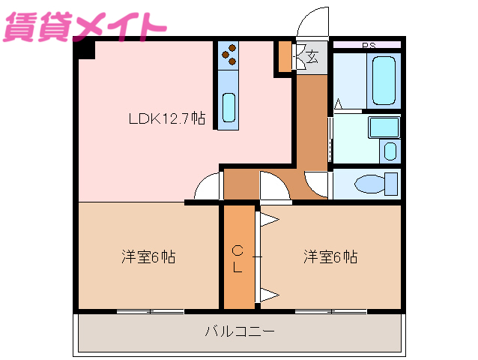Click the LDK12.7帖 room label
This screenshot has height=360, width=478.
[166, 118]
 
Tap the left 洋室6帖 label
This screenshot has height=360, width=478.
[148, 257]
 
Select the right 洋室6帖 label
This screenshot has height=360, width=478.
[330, 257]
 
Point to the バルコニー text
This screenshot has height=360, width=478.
[239, 330]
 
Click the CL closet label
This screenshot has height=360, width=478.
[237, 258]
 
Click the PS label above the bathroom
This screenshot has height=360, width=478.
[369, 46]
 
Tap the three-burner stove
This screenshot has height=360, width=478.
[229, 55]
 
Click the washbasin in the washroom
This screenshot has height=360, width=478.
[390, 150]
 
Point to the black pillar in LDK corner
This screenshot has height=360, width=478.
[85, 49]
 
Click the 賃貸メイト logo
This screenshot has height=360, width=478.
[84, 25]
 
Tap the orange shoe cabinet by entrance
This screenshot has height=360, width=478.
[285, 56]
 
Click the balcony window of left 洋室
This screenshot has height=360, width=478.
[151, 311]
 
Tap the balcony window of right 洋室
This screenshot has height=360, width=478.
[330, 311]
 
